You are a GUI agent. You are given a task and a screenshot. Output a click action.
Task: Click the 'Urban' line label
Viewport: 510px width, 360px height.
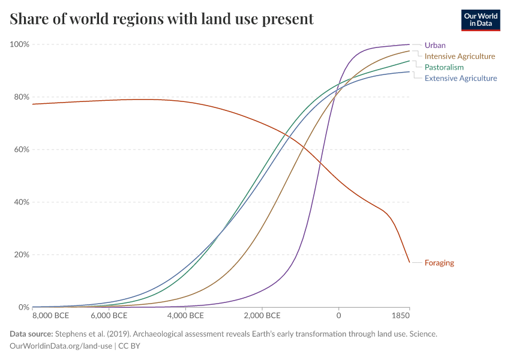point(435,45)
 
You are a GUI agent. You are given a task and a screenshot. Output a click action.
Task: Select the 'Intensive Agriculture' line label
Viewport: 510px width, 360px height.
point(460,56)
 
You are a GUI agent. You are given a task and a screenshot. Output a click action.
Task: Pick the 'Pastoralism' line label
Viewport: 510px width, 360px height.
point(444,67)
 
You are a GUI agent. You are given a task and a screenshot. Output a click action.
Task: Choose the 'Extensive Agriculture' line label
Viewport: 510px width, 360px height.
point(461,78)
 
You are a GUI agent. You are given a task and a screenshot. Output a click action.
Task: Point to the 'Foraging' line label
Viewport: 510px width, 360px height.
point(439,263)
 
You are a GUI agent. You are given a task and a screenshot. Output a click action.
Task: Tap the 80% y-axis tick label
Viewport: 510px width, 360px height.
point(21,97)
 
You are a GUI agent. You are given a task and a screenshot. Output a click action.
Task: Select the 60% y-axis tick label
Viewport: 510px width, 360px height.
point(21,149)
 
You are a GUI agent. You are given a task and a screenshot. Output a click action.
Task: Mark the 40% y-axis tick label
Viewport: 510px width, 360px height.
point(21,202)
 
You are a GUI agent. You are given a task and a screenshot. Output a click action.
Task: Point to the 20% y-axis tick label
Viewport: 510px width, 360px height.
point(21,254)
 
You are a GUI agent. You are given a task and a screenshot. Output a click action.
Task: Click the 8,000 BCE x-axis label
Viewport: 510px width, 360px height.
point(50,316)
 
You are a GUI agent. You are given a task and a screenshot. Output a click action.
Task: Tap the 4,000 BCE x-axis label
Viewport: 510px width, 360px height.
point(185,316)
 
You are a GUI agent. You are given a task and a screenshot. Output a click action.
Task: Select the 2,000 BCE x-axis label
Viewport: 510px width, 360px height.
point(262,316)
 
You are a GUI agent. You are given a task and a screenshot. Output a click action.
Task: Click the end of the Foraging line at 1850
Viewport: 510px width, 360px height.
point(409,262)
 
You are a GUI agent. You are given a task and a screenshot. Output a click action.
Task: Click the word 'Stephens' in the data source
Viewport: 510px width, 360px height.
point(71,334)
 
